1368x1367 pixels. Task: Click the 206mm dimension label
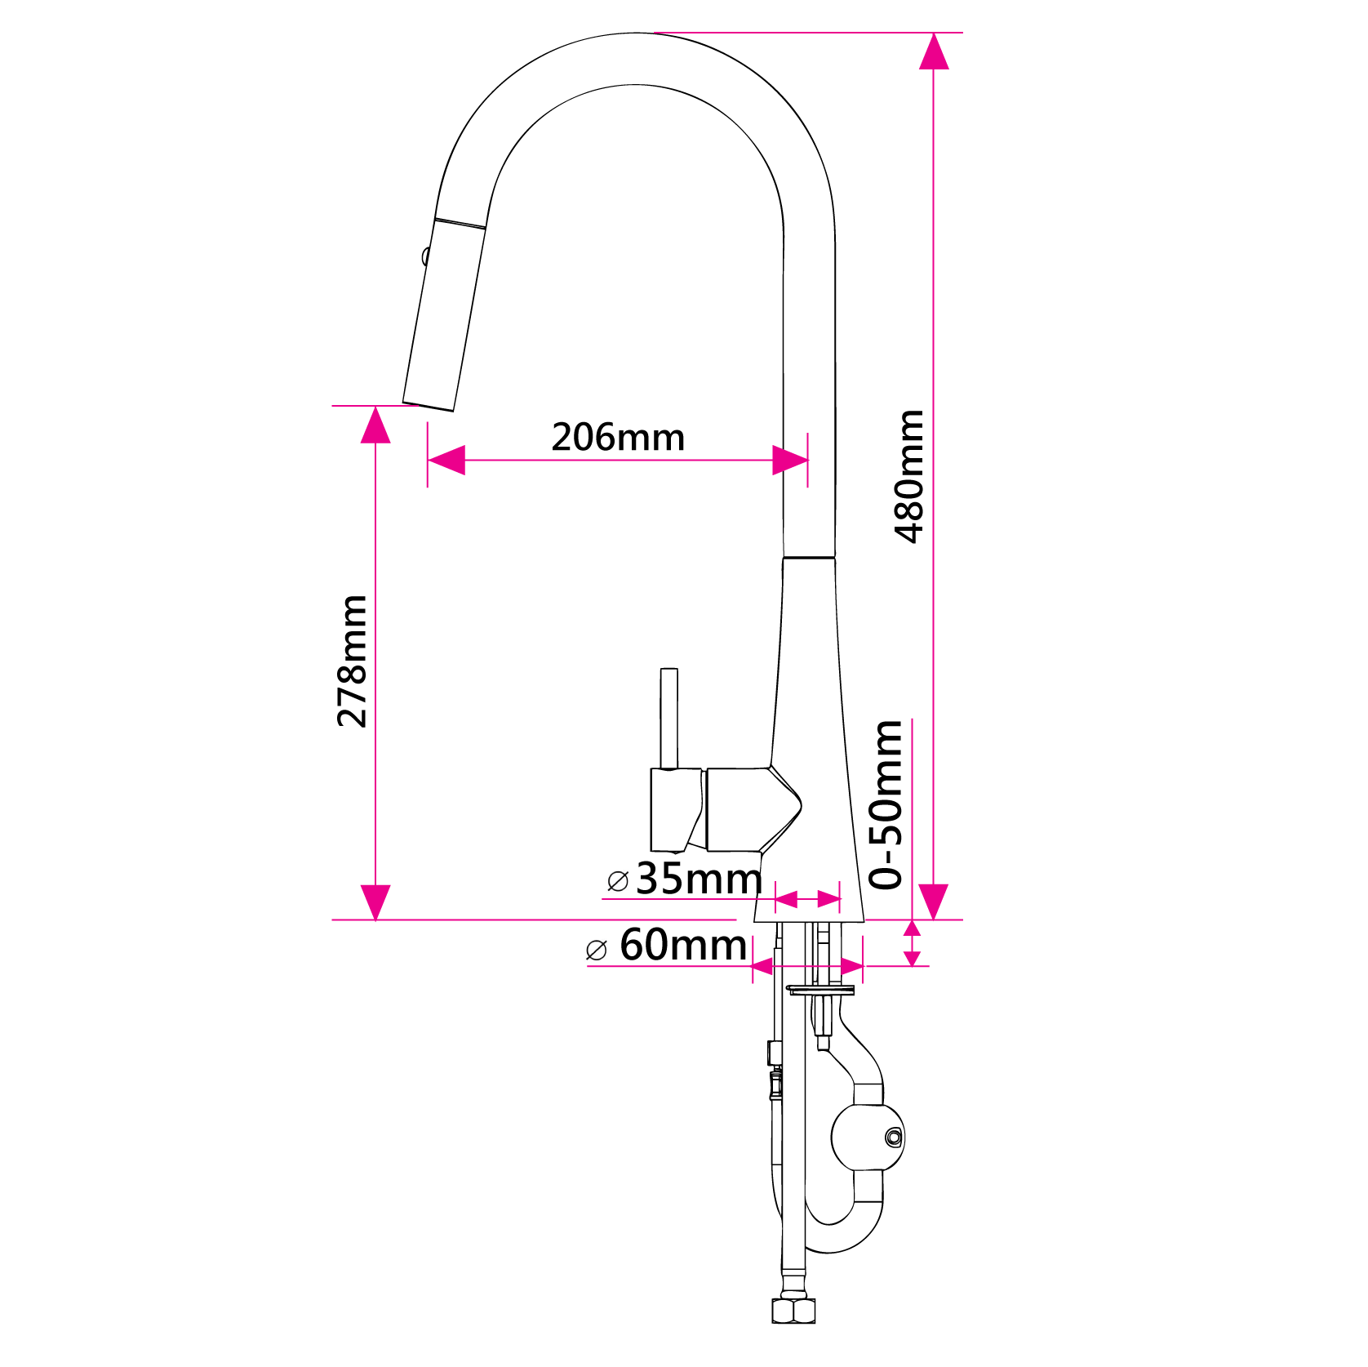coord(618,437)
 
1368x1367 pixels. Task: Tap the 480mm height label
coord(909,476)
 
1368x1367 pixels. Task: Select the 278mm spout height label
coord(353,661)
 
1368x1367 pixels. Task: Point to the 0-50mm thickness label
coord(887,804)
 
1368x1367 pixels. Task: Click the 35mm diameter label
coord(699,879)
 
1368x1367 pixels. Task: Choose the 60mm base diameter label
coord(682,945)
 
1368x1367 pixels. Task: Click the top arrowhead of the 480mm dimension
coord(934,51)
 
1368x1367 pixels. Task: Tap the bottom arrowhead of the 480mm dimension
coord(934,902)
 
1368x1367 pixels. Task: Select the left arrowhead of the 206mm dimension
coord(446,460)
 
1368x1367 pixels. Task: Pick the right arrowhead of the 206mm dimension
coord(789,460)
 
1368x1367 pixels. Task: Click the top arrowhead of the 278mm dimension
coord(375,425)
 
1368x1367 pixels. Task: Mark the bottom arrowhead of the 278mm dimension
coord(375,902)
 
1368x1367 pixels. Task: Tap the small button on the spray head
coord(425,256)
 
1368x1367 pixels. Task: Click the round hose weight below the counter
coord(868,1138)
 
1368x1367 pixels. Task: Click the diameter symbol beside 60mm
coord(597,950)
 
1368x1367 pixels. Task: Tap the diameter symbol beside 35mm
coord(618,881)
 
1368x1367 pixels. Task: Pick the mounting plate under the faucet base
coord(820,991)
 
